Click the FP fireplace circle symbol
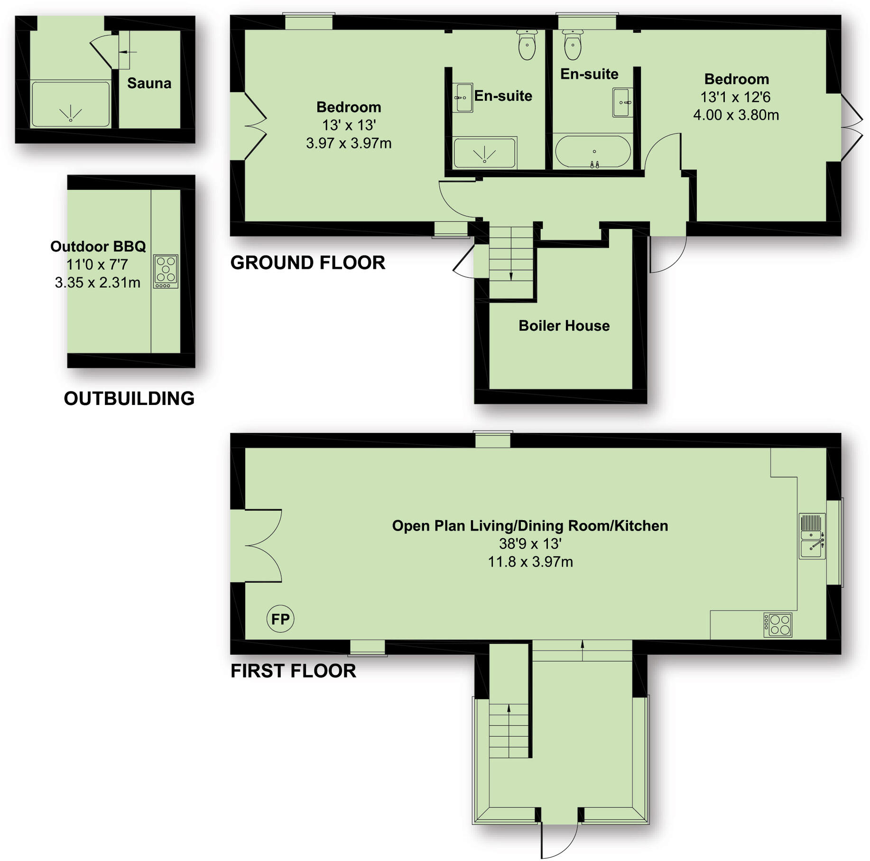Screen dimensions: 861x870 click(280, 619)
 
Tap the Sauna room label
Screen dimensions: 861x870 click(149, 83)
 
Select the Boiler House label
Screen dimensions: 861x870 click(564, 326)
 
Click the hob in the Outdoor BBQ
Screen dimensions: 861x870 click(166, 271)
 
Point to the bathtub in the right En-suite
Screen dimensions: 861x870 click(592, 152)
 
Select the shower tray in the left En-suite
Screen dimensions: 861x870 click(484, 152)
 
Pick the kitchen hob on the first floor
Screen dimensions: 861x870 click(777, 625)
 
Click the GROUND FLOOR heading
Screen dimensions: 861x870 click(307, 263)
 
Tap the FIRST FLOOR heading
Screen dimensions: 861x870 click(293, 671)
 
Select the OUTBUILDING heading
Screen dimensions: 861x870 click(129, 399)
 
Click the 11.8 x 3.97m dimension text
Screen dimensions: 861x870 click(530, 562)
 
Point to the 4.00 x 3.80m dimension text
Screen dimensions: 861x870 click(736, 115)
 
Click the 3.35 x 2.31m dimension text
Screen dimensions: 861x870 click(98, 283)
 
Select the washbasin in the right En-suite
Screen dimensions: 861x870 click(622, 102)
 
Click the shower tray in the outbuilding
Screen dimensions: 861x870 click(71, 104)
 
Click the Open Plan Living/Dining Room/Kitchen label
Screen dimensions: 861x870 click(530, 526)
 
